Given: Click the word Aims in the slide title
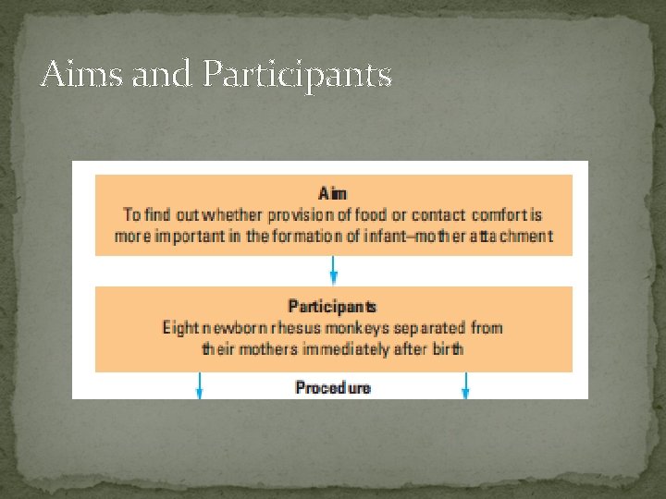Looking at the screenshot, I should pos(82,73).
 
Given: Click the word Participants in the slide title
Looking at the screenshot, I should pos(296,75).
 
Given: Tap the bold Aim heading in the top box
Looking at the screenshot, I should pos(333,193).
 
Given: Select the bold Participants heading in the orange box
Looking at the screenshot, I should pos(332,306).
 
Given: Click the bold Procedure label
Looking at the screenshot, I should pos(332,387).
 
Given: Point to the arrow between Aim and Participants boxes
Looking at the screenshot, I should pos(334,271).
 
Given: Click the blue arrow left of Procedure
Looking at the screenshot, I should pos(199,385).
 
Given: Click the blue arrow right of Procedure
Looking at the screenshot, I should pos(465,385).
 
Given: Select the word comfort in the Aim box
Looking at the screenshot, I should pos(499,214).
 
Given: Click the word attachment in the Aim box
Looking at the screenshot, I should pos(511,236).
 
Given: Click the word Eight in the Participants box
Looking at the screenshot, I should pos(180,328).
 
